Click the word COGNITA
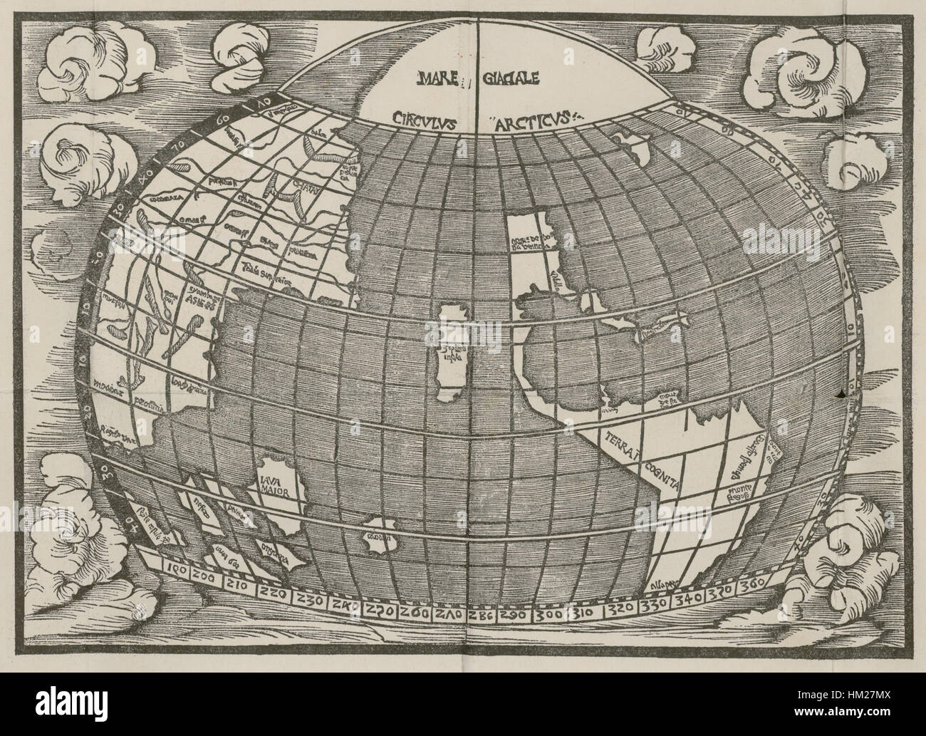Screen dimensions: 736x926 663,475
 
